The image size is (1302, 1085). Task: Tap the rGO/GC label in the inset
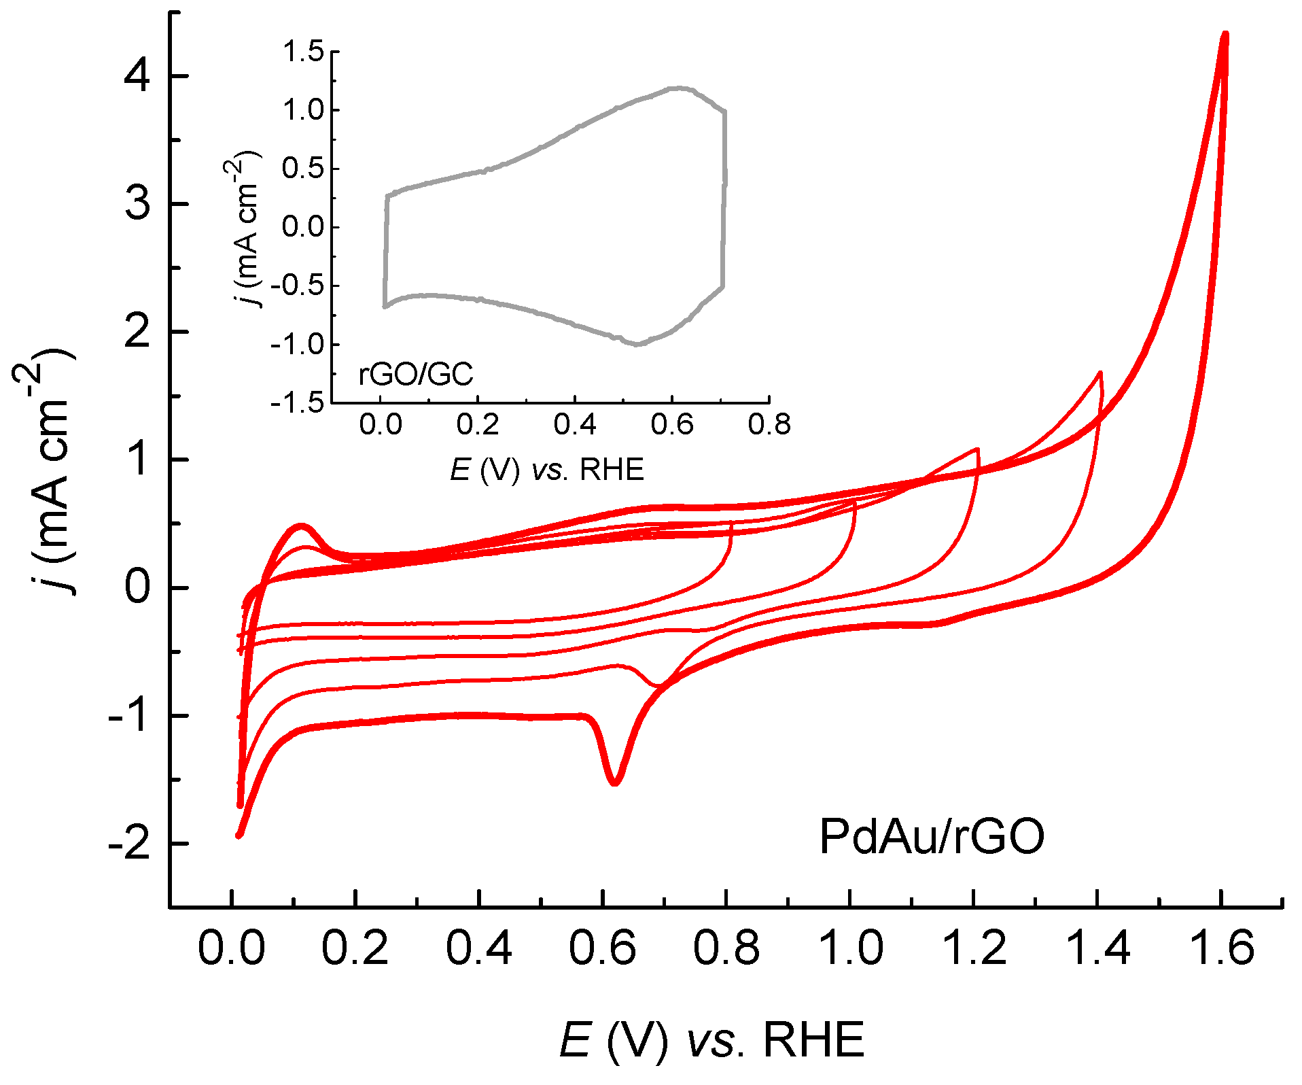click(415, 375)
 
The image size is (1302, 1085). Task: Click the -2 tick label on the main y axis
click(129, 844)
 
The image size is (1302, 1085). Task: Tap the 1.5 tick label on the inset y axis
click(303, 52)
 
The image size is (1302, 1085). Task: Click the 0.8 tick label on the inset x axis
click(769, 426)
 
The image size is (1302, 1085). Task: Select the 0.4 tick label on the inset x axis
click(574, 426)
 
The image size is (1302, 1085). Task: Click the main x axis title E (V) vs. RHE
click(711, 1040)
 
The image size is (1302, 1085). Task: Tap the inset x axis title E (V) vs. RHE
click(546, 470)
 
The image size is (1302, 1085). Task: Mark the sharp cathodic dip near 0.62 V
click(614, 783)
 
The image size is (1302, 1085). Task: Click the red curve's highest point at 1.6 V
click(1225, 34)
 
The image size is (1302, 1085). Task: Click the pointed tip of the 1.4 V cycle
click(1099, 373)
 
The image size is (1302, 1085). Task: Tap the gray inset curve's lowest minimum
click(637, 345)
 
